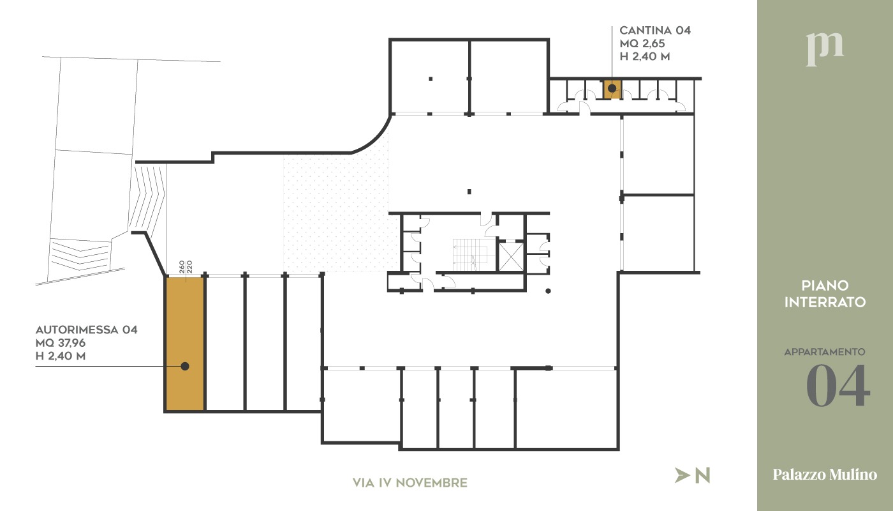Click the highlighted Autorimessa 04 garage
pyautogui.click(x=185, y=344)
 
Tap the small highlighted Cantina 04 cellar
pyautogui.click(x=612, y=89)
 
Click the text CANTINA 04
pyautogui.click(x=655, y=31)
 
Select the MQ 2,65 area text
pyautogui.click(x=642, y=43)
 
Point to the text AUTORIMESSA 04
pyautogui.click(x=87, y=330)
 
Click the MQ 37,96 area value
pyautogui.click(x=61, y=343)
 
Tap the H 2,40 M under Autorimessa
pyautogui.click(x=61, y=356)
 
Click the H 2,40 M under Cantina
pyautogui.click(x=645, y=56)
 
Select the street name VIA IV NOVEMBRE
pyautogui.click(x=410, y=483)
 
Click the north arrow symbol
pyautogui.click(x=682, y=475)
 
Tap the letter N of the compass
pyautogui.click(x=702, y=475)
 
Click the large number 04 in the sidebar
pyautogui.click(x=838, y=386)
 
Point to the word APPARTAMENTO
pyautogui.click(x=824, y=352)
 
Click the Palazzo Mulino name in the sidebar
pyautogui.click(x=825, y=474)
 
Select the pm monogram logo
pyautogui.click(x=825, y=50)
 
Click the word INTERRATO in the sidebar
pyautogui.click(x=825, y=302)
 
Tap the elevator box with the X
pyautogui.click(x=511, y=256)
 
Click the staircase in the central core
pyautogui.click(x=470, y=255)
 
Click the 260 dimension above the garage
pyautogui.click(x=182, y=267)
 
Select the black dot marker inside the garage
pyautogui.click(x=184, y=366)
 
